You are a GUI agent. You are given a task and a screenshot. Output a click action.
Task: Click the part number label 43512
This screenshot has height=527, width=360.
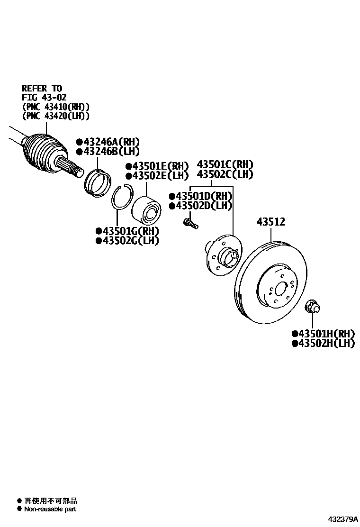271,221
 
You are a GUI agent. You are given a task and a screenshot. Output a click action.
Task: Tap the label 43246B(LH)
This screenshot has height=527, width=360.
106,151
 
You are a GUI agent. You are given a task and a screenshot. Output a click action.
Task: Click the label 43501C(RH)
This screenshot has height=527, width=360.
225,164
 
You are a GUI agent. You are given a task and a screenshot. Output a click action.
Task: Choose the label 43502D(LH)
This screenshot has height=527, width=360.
201,205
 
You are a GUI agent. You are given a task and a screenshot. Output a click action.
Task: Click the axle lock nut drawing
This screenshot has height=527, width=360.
312,306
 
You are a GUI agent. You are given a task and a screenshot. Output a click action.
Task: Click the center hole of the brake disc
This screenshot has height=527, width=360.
280,289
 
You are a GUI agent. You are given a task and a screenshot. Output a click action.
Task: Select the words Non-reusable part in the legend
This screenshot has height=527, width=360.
50,509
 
